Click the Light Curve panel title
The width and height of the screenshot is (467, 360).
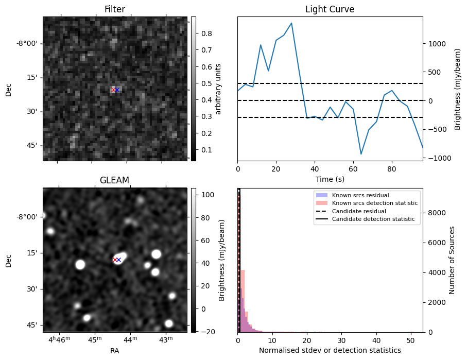pos(330,9)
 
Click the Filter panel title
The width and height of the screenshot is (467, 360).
pos(114,9)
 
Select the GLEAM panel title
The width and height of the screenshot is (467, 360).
pos(114,180)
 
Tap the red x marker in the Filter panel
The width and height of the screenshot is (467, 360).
pos(114,90)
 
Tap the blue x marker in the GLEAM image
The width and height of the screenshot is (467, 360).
pos(118,260)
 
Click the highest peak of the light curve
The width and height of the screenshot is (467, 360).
pos(291,23)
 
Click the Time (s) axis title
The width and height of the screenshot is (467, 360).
pos(330,179)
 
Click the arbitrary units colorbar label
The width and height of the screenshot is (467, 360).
pos(218,89)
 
